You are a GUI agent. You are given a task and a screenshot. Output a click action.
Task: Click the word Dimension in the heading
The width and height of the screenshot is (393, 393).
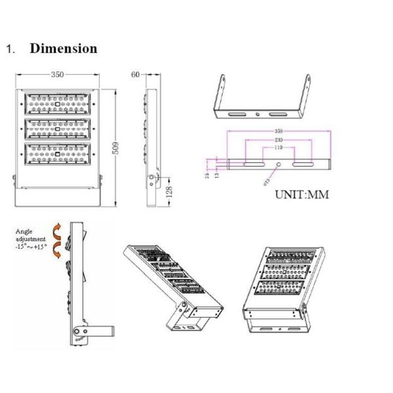[64, 48]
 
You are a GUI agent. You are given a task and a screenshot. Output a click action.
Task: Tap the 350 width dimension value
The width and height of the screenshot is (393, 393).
[58, 75]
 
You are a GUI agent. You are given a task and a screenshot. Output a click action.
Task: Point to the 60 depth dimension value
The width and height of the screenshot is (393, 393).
[136, 75]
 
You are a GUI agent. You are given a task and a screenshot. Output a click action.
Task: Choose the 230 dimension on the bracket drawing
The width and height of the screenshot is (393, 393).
[279, 141]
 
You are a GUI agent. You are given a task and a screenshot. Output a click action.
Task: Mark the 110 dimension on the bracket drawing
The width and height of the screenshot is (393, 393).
[278, 149]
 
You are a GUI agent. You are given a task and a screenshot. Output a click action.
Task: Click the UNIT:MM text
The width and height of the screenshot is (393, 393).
[301, 195]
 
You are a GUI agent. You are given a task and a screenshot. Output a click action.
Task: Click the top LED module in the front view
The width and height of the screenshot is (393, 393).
[58, 103]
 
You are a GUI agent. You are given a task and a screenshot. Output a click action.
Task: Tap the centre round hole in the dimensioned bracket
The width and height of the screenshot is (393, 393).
[278, 166]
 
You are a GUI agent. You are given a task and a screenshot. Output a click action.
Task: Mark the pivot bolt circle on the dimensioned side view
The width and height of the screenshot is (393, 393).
[152, 178]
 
